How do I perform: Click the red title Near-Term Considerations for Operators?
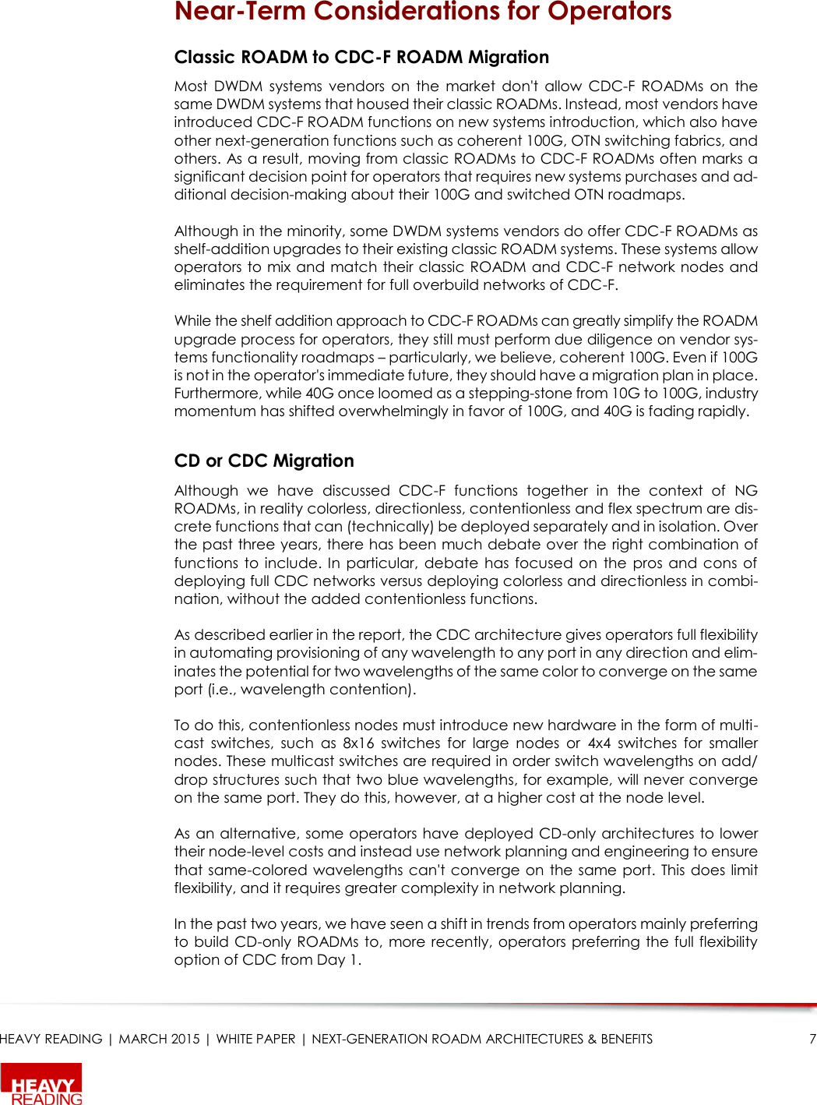coord(422,12)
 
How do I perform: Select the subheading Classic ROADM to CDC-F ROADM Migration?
coord(361,57)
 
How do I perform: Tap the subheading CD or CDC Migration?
coord(264,461)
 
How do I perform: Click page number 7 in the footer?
coord(812,1039)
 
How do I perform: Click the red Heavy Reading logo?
coord(42,1085)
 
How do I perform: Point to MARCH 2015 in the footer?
coord(159,1039)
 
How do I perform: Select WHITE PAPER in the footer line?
coord(255,1039)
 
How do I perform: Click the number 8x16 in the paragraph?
coord(358,743)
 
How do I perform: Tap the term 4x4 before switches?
coord(599,743)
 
